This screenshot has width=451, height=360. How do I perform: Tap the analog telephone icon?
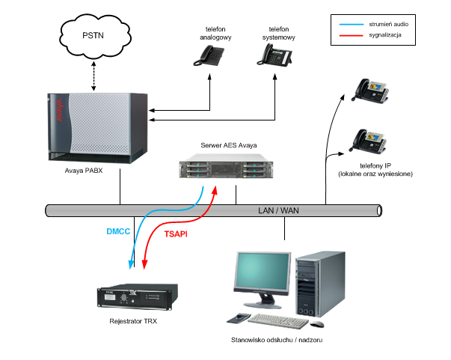click(209, 56)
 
